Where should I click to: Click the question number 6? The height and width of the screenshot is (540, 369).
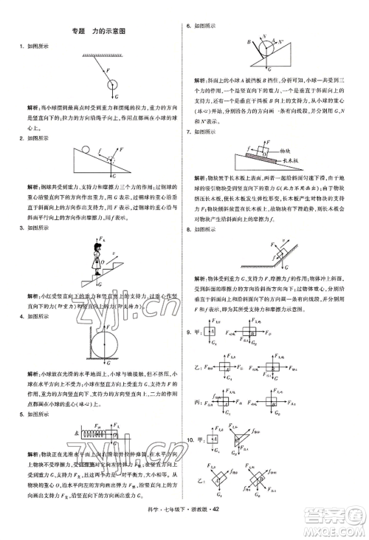[x=188, y=26]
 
